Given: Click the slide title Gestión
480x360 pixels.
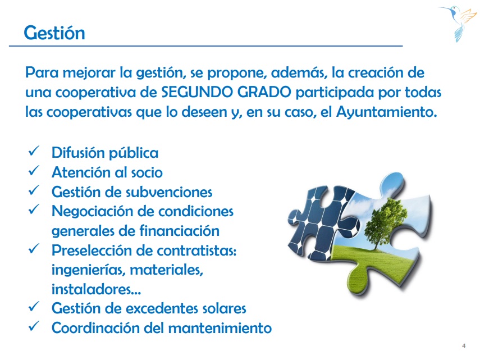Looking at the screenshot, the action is click(54, 33).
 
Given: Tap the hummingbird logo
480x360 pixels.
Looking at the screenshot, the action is click(458, 23).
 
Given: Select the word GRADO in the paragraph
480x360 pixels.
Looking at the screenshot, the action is click(264, 92).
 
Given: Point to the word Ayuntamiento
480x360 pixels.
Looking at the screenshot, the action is click(386, 112).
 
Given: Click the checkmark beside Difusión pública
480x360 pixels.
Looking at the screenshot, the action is click(34, 151).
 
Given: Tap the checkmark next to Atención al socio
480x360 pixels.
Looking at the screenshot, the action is click(34, 171).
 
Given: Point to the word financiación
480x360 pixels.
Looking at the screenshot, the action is click(177, 231).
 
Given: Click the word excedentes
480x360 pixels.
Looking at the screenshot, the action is click(157, 308).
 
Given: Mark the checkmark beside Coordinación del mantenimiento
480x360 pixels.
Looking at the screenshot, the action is click(34, 326).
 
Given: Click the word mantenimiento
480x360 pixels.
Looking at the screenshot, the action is click(220, 328).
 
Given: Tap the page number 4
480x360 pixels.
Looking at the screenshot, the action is click(464, 346).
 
